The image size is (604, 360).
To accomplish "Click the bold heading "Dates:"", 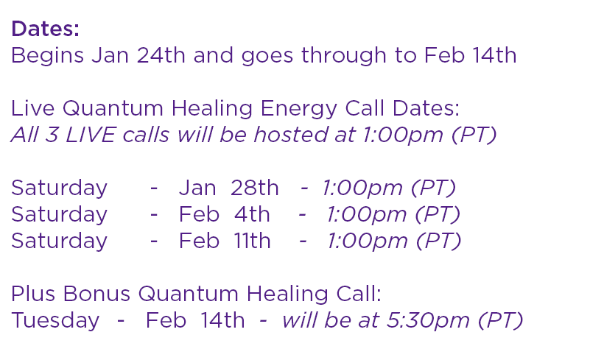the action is pyautogui.click(x=46, y=29).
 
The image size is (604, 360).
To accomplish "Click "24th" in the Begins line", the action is pyautogui.click(x=161, y=55).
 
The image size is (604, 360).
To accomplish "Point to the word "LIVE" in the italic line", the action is pyautogui.click(x=91, y=135).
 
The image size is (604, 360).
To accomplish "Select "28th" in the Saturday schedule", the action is pyautogui.click(x=255, y=188).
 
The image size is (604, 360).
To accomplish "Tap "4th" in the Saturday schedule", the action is pyautogui.click(x=252, y=214).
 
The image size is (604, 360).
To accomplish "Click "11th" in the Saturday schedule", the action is pyautogui.click(x=253, y=241).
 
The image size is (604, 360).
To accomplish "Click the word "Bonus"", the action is pyautogui.click(x=96, y=294).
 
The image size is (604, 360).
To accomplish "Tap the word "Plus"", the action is pyautogui.click(x=33, y=294).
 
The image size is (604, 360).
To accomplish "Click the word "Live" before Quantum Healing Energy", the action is pyautogui.click(x=32, y=108).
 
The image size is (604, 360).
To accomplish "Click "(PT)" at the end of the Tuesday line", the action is pyautogui.click(x=500, y=321).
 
